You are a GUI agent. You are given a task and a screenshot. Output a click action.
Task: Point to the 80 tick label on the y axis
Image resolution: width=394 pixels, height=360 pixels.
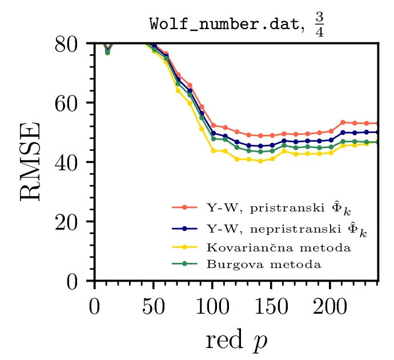coord(67,44)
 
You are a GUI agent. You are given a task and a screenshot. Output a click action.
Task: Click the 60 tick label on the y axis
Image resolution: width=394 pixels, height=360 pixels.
coord(67,103)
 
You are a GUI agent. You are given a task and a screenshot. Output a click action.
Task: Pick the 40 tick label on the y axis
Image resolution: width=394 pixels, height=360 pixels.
coord(67,163)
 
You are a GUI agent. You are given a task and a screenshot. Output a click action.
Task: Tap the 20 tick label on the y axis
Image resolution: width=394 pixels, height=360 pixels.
coord(67,222)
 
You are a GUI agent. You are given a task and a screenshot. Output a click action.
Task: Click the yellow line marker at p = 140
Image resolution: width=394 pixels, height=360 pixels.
coord(260,161)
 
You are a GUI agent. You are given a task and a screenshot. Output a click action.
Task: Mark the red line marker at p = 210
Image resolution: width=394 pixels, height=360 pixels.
coord(343,122)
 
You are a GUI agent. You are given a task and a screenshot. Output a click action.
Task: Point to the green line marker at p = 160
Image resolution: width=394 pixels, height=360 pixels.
coord(284,146)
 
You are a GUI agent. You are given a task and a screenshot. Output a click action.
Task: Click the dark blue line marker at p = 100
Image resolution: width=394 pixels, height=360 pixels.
coord(213,133)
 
